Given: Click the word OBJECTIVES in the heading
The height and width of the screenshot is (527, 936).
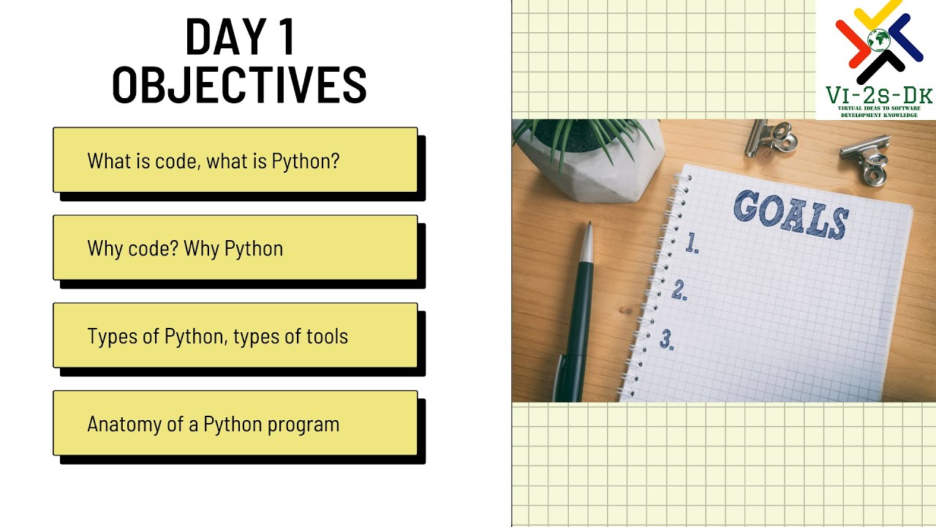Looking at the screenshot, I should pos(239,85).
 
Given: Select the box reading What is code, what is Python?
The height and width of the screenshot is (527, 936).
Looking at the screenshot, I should pos(235,160).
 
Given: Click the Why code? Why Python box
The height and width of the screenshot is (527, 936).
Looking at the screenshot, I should pos(235,248).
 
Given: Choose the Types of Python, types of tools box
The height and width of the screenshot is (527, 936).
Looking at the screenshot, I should pos(235,336).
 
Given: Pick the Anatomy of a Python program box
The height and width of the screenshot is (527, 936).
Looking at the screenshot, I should pos(235,424).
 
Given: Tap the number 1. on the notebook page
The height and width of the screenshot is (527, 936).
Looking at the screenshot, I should pos(692,244).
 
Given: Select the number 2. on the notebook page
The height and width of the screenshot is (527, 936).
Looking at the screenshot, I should pos(679,291).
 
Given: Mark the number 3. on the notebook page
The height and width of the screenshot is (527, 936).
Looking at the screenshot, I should pos(667,339).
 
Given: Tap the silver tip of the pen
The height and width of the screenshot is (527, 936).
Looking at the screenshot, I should pos(586,242).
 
